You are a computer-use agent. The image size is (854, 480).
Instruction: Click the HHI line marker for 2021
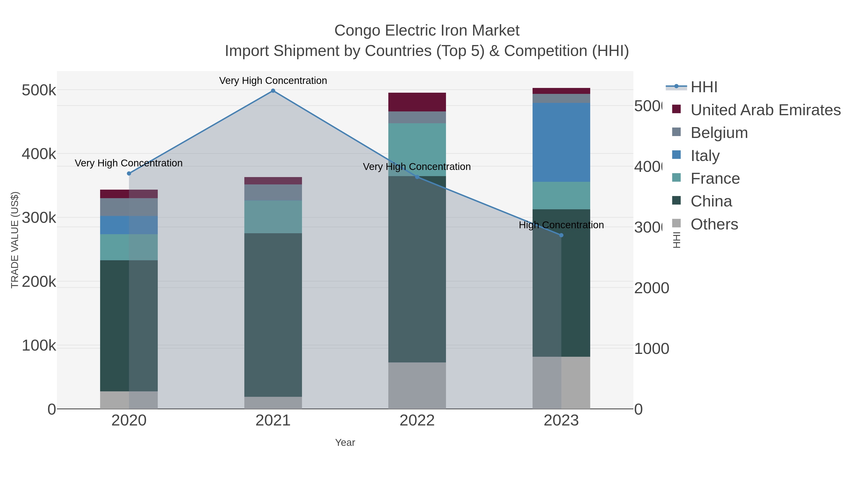(x=273, y=91)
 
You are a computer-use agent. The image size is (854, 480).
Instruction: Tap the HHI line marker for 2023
(x=561, y=235)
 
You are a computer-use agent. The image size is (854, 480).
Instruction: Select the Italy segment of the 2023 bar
(x=561, y=142)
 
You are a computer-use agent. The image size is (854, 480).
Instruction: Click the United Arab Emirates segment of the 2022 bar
(x=417, y=102)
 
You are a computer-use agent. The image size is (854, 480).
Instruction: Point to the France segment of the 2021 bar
(x=273, y=217)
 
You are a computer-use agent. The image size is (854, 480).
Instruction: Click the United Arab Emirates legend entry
(x=765, y=110)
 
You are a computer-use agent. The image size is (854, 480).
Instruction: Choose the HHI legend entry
(x=704, y=87)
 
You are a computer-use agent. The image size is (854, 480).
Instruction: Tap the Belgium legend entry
(x=719, y=133)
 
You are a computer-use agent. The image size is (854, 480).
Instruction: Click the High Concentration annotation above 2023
(x=561, y=225)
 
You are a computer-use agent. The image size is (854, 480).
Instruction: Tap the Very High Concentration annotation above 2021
(x=273, y=81)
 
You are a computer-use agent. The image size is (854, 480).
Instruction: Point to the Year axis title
(x=345, y=443)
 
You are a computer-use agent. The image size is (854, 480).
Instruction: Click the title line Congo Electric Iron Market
(x=427, y=31)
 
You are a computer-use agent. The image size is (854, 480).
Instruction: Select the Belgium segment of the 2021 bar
(x=273, y=192)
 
